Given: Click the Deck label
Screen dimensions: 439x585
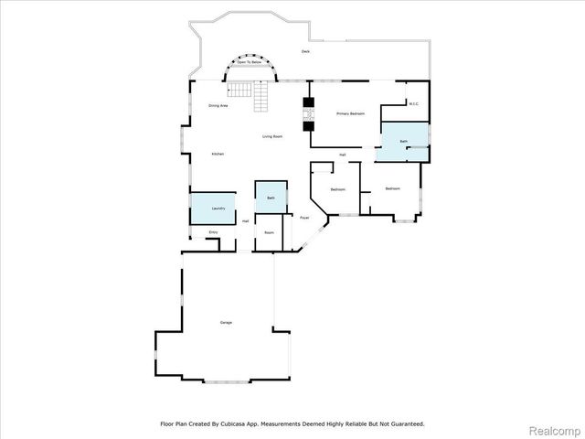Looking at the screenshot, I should (x=305, y=52).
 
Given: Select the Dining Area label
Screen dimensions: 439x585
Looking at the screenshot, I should (x=218, y=106).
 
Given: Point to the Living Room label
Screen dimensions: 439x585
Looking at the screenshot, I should (x=271, y=136).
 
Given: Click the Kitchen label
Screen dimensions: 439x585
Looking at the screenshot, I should (x=218, y=154).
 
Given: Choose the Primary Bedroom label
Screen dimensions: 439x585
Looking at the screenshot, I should (x=350, y=113).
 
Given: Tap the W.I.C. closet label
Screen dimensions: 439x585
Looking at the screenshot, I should (x=413, y=103).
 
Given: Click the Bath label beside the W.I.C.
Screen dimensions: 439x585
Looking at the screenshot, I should (x=402, y=142).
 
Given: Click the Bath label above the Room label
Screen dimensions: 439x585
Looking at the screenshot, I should (x=271, y=198).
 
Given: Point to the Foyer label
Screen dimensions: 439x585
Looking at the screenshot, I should (x=303, y=217).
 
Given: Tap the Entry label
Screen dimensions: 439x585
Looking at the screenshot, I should (x=212, y=232).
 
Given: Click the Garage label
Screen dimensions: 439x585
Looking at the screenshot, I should (x=225, y=323).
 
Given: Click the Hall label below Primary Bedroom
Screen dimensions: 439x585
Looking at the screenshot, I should (x=342, y=155).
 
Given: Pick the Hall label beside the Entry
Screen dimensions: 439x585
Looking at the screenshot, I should (x=245, y=221).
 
